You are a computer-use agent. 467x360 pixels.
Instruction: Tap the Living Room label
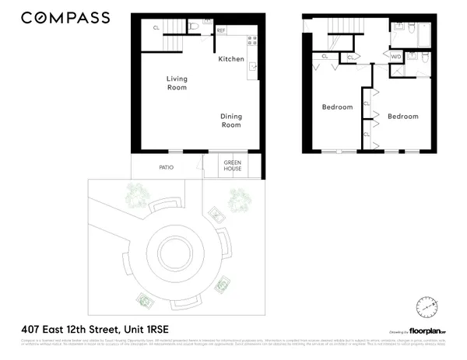177,82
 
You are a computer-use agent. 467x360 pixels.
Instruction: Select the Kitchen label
231,59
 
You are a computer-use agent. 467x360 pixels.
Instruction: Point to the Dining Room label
231,121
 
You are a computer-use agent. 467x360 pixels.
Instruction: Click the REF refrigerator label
221,31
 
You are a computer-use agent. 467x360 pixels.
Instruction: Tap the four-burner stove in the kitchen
251,40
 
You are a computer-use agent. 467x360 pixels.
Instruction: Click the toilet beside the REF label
207,24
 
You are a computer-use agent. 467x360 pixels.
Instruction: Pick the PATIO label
166,167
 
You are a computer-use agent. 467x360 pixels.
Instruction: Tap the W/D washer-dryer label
395,56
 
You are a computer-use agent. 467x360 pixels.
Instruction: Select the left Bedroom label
338,107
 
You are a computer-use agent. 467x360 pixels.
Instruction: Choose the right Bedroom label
403,116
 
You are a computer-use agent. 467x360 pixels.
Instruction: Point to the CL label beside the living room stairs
156,28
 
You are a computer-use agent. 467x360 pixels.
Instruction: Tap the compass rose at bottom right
426,308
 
